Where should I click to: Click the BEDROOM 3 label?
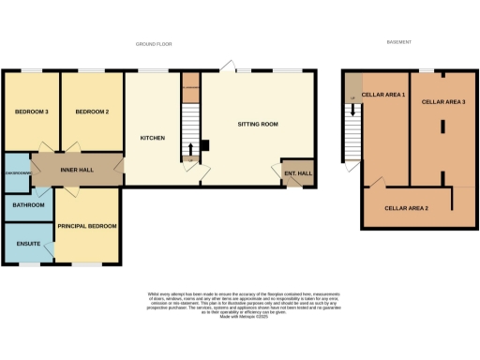point(31,112)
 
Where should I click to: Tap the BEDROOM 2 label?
point(93,112)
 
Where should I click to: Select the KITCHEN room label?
point(153,138)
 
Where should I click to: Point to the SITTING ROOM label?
point(255,123)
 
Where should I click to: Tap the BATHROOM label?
point(28,204)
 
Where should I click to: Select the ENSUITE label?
point(28,244)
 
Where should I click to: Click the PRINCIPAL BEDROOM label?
point(87,226)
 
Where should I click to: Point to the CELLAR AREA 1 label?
point(383,95)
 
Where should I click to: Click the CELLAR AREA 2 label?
point(407,207)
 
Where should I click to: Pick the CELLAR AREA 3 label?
point(443,101)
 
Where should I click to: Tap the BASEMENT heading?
point(399,43)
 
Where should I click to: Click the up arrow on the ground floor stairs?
point(191,147)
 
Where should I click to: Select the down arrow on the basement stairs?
point(353,110)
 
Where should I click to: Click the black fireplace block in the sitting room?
point(206,145)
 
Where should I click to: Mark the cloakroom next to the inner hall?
point(18,172)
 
